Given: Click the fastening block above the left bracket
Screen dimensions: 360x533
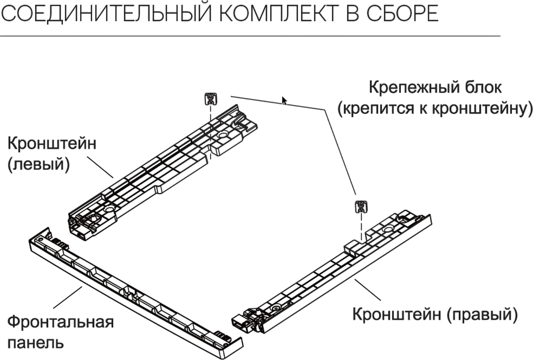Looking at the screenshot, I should pos(210,99).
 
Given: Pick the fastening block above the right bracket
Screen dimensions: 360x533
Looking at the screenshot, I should pos(360,206).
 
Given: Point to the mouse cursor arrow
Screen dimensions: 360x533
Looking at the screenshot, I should pos(284,100).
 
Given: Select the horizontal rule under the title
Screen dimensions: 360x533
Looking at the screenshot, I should pos(249,36).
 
